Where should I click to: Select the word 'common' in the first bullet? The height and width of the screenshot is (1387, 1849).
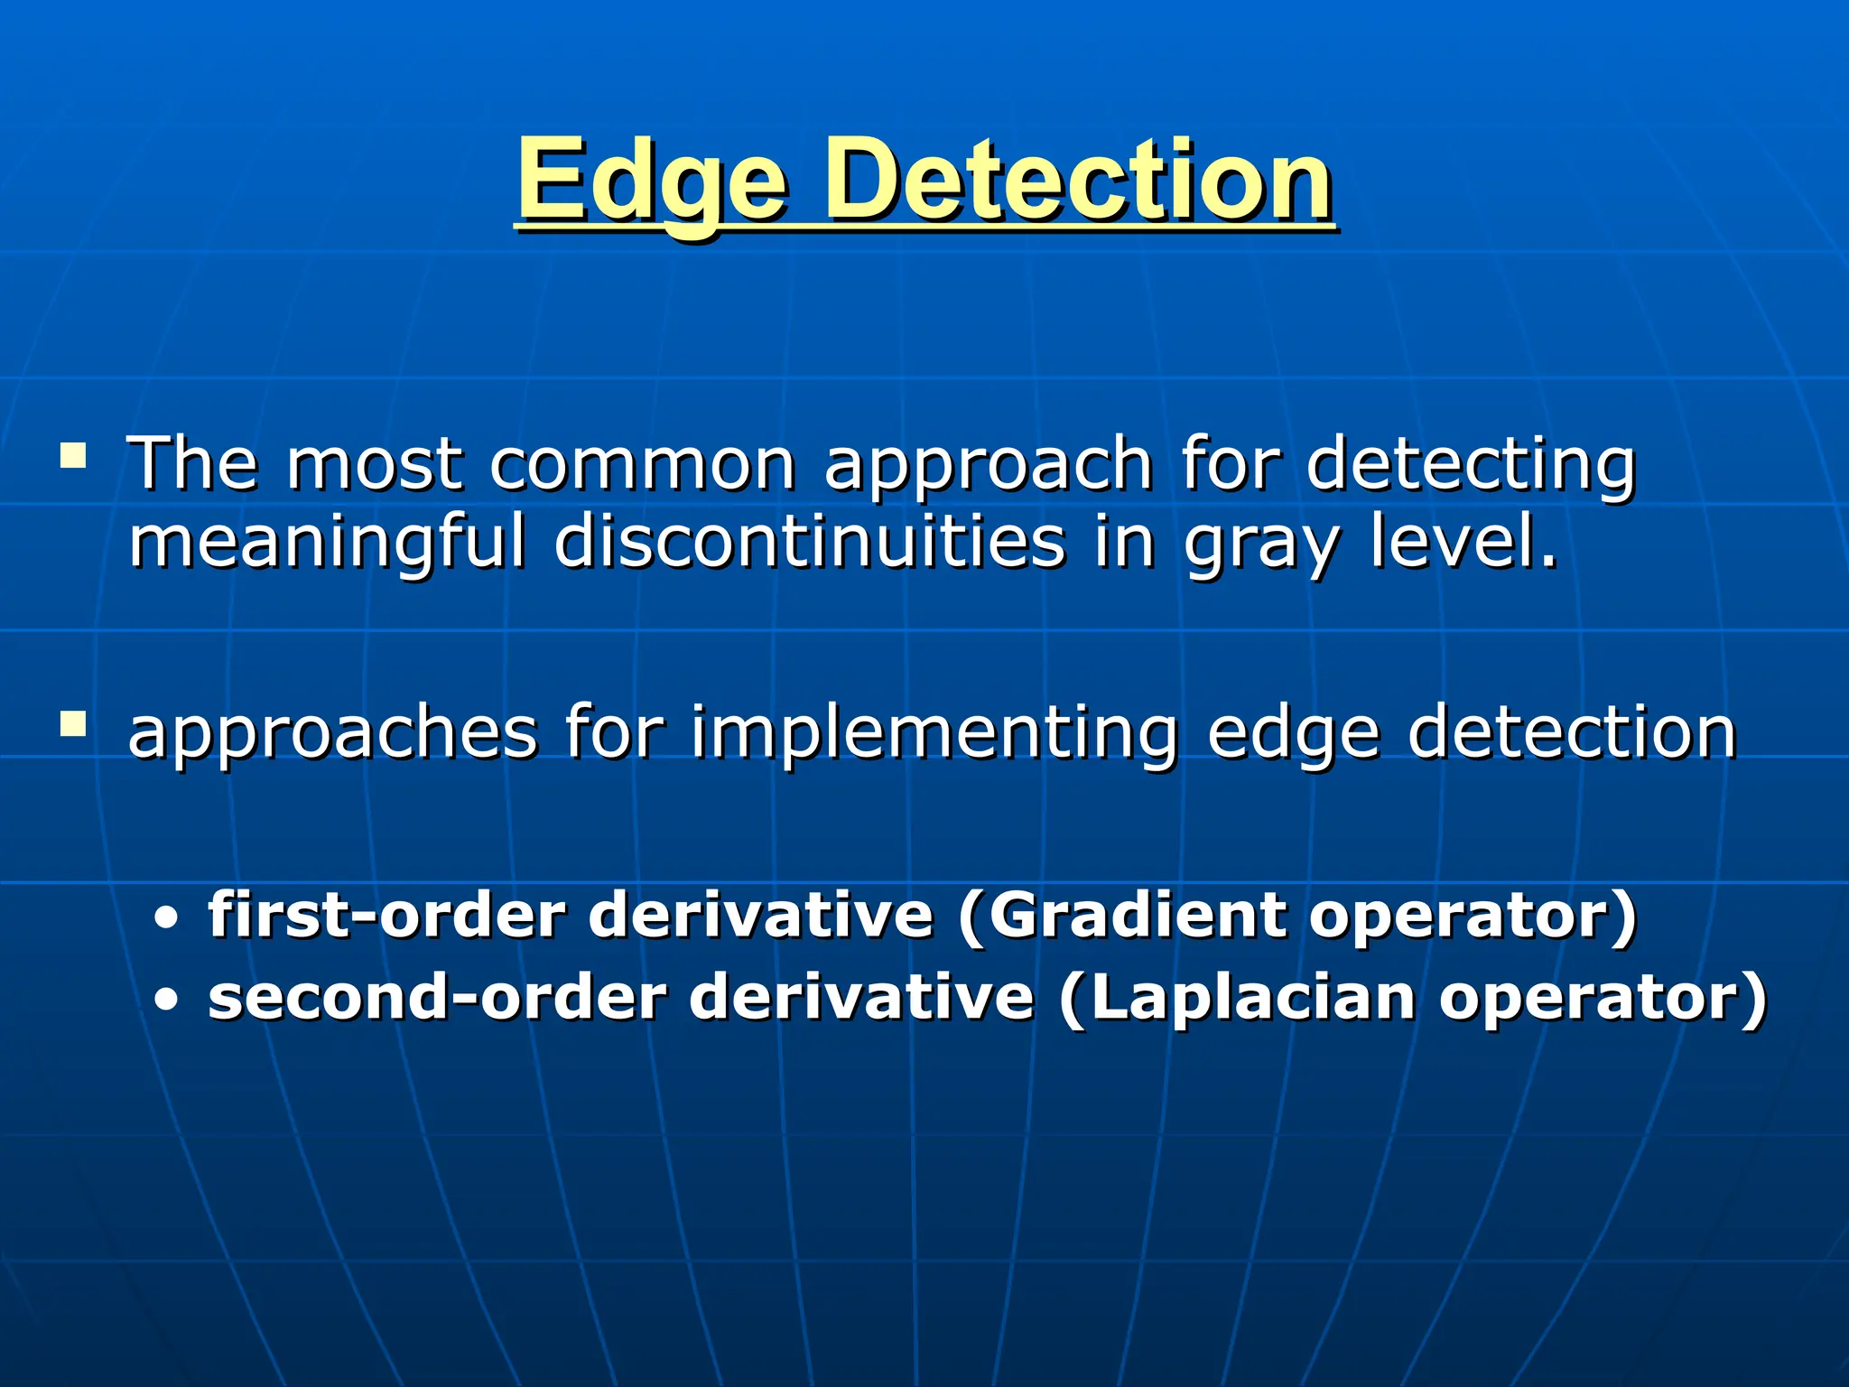643,464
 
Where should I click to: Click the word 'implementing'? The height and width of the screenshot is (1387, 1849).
934,735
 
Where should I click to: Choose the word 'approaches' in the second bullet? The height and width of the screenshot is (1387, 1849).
332,735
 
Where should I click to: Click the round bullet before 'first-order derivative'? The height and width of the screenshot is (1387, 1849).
166,920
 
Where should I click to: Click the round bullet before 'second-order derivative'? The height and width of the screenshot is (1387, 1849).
166,1001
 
